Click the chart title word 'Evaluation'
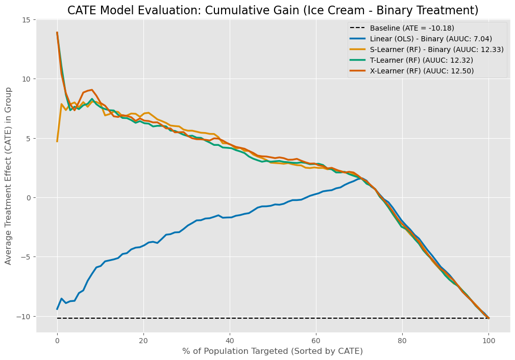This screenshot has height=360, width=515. pos(175,10)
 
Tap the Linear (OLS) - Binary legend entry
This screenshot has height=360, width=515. pos(421,39)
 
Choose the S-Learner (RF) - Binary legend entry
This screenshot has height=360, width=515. pos(427,49)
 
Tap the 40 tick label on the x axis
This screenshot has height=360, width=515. pos(230,341)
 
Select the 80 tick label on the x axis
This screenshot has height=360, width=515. pos(402,341)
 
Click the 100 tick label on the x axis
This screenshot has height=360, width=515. pos(489,341)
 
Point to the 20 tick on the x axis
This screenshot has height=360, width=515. pos(143,341)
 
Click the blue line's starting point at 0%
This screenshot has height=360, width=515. pos(57,309)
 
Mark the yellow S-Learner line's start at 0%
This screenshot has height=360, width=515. pos(57,141)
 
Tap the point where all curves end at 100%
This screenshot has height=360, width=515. pos(489,318)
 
